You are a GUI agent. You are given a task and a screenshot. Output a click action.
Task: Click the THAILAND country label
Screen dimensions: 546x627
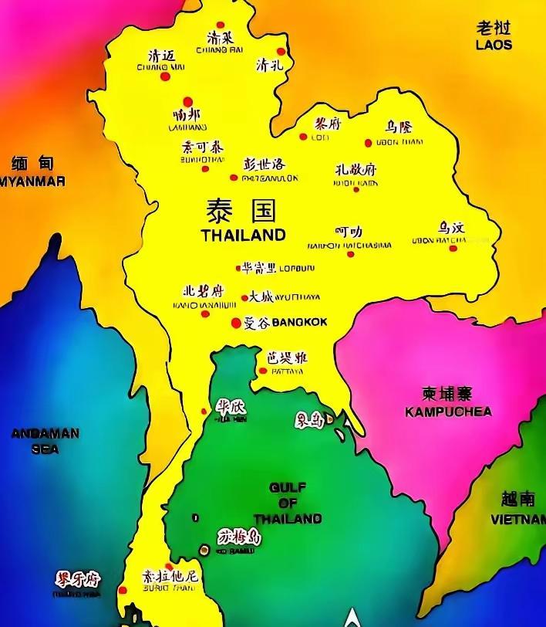[x=243, y=235]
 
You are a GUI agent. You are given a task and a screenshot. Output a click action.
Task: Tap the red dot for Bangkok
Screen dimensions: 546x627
[x=236, y=323]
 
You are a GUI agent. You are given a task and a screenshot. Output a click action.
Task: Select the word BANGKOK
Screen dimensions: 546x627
[x=299, y=322]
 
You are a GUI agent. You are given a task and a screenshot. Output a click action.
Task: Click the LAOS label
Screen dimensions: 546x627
[x=494, y=45]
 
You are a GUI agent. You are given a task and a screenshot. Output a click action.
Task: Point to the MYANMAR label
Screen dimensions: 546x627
[x=32, y=181]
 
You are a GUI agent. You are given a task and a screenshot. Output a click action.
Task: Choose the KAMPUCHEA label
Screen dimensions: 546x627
[x=448, y=412]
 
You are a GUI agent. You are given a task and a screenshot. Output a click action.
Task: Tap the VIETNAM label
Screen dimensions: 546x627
[x=518, y=520]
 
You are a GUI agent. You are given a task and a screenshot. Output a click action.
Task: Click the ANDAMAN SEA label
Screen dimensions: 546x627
[x=45, y=441]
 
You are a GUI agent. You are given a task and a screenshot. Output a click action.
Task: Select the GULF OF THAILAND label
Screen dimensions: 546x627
[x=288, y=503]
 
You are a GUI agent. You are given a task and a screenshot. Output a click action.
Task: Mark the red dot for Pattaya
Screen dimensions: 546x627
[x=263, y=371]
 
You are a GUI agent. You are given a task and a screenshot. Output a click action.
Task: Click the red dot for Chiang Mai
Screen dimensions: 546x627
[x=164, y=76]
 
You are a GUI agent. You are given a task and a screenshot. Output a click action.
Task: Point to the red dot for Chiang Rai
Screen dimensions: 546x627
[x=221, y=25]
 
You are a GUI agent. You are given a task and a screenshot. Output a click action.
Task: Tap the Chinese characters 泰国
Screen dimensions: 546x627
[x=241, y=210]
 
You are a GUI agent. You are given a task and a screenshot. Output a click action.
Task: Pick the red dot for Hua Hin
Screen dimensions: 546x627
[x=204, y=412]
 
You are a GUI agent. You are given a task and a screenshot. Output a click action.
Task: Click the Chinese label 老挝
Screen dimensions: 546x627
[x=494, y=29]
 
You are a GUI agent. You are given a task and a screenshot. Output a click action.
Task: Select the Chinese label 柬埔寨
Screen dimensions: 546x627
[x=447, y=394]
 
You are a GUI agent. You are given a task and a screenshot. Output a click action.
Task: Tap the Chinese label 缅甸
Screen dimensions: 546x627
[x=32, y=164]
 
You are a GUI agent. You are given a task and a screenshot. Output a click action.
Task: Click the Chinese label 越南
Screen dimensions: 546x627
[x=517, y=499]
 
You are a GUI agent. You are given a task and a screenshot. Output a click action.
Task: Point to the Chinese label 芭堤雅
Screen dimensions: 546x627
[x=287, y=358]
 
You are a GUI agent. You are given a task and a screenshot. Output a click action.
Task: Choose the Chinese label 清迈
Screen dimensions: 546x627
[x=161, y=56]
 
